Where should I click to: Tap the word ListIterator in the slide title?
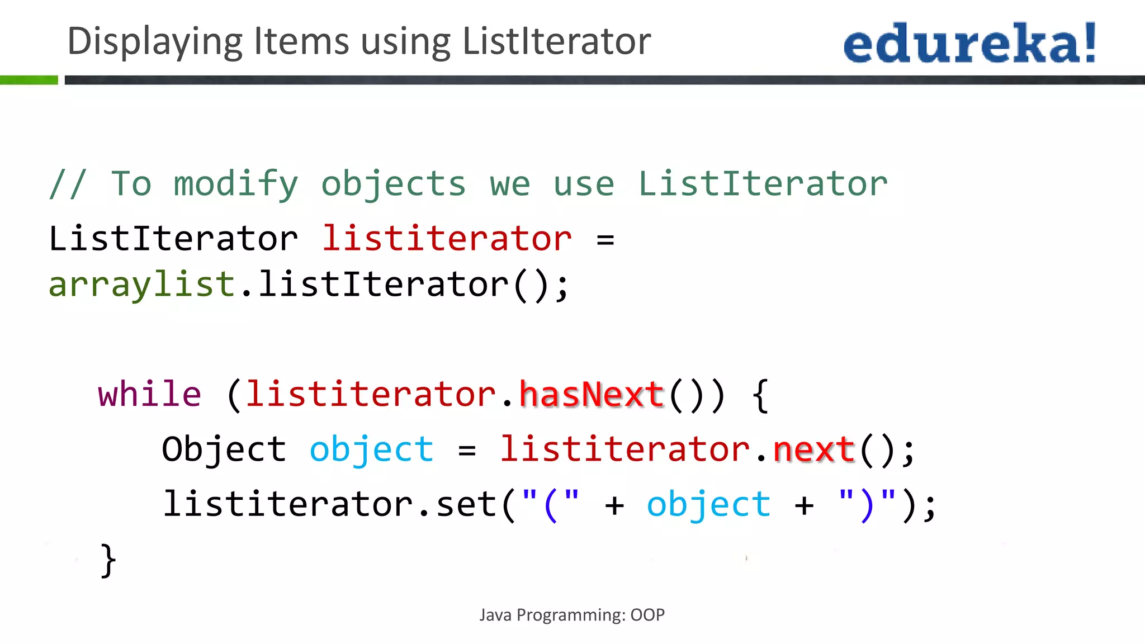click(557, 41)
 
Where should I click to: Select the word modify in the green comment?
click(236, 184)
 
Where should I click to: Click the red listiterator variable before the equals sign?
click(447, 239)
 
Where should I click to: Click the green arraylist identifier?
click(141, 285)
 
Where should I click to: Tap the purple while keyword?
click(149, 394)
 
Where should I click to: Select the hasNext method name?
click(592, 394)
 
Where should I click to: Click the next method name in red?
click(814, 449)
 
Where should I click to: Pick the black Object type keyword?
click(224, 449)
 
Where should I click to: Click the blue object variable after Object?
click(371, 449)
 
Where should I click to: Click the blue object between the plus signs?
click(708, 504)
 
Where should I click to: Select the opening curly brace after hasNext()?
click(760, 395)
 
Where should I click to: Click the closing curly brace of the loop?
click(108, 560)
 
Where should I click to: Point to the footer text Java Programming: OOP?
click(572, 615)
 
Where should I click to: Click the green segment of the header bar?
click(29, 80)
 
